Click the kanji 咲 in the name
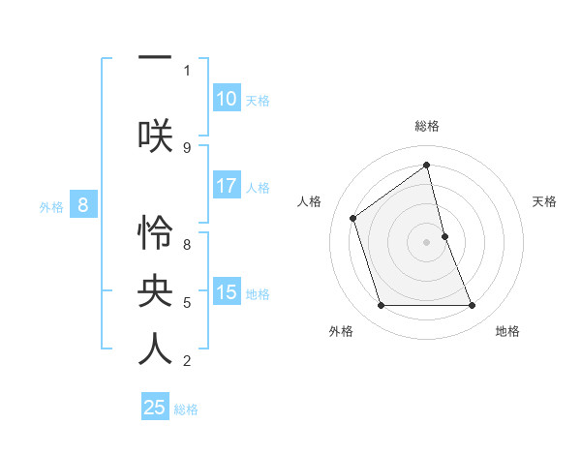point(155,134)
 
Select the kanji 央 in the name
point(155,290)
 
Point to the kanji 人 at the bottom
point(155,349)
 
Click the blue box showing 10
point(227,99)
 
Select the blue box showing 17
point(227,186)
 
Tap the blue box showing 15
point(227,292)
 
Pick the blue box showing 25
point(155,408)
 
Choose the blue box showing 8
point(83,205)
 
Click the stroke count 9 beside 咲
point(187,147)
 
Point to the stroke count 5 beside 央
point(187,303)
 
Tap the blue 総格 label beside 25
point(186,409)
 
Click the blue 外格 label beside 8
point(51,206)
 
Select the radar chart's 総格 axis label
point(427,126)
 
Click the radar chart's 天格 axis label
point(544,201)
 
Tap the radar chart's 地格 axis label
point(507,331)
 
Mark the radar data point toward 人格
point(353,218)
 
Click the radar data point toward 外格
point(381,306)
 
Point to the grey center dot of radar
point(427,242)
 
